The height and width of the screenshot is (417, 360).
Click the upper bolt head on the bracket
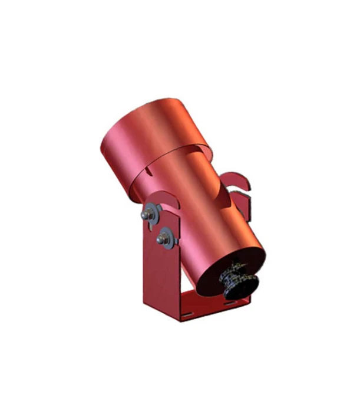tap(145, 215)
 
